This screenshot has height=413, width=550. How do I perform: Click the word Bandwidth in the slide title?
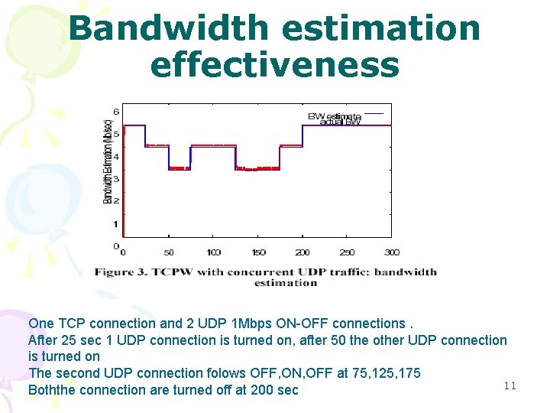tap(169, 29)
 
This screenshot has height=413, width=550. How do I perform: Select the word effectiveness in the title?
tap(275, 65)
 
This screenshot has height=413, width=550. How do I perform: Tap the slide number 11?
tap(510, 385)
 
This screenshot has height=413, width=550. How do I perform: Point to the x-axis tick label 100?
tap(213, 252)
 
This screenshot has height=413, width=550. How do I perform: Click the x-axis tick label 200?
tap(302, 252)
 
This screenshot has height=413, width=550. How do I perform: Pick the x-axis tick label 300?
tap(392, 252)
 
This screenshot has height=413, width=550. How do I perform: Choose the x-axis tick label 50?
tap(169, 252)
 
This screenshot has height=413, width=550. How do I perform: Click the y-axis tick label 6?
tap(116, 110)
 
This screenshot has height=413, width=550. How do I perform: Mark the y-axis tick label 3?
tap(116, 178)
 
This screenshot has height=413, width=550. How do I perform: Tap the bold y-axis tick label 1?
tap(116, 224)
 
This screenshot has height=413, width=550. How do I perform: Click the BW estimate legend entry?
tap(334, 116)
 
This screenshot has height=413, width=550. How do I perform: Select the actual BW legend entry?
tap(340, 122)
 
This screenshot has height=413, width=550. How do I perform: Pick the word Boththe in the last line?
tap(52, 390)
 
